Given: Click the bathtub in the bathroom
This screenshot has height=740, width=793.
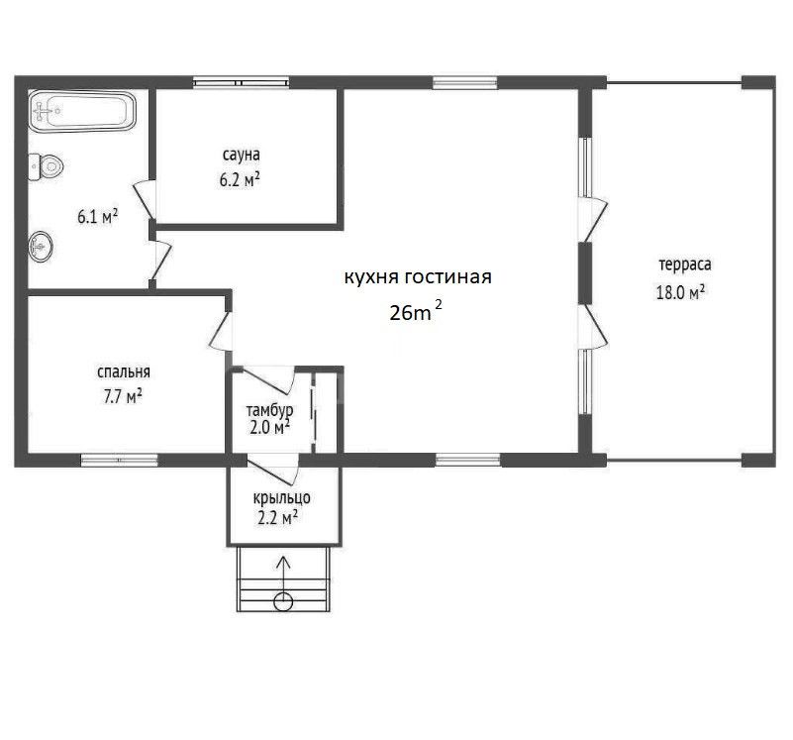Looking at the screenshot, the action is (82, 111).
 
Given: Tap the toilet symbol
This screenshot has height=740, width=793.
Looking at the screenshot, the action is (47, 166).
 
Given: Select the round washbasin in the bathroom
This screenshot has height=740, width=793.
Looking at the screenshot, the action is (41, 247).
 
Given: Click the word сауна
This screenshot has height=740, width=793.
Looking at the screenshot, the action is (242, 155).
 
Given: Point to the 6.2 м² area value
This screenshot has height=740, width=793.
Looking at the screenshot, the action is (240, 179).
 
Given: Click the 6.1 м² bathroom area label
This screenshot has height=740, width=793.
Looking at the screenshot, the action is (98, 217).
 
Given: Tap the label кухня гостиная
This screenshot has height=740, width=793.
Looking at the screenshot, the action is (418, 277).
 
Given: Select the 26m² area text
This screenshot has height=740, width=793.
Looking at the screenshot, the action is (415, 311).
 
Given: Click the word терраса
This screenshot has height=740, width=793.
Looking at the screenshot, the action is (685, 264).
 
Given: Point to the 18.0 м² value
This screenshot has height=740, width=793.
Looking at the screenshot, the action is (681, 292).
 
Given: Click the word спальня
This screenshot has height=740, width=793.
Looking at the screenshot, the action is (124, 372).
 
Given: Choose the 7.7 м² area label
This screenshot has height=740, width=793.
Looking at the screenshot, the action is (123, 396).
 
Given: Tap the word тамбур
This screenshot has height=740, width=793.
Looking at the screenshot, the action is (269, 409).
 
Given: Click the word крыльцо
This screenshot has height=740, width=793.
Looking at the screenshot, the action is (282, 498).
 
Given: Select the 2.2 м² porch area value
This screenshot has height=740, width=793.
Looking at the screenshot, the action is (277, 518).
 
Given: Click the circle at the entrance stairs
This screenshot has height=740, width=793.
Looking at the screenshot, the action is (283, 602).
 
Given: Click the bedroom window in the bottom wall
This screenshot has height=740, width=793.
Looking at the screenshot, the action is (120, 460).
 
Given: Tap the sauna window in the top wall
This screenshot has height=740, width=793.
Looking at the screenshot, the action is (242, 82).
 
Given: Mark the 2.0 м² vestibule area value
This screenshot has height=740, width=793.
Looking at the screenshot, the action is (269, 428).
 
